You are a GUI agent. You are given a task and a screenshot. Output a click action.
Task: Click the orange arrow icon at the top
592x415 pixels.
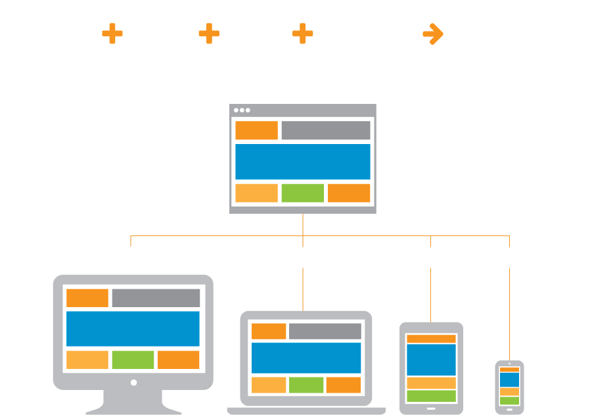432,34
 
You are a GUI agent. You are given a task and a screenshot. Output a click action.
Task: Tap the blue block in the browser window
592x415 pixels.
302,161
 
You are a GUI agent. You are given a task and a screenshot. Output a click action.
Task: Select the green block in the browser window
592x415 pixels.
302,193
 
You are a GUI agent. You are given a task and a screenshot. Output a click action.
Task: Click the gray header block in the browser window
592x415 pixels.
325,130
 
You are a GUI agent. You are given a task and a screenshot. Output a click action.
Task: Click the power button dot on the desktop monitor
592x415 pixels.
133,382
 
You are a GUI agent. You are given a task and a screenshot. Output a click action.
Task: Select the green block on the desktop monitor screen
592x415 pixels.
133,360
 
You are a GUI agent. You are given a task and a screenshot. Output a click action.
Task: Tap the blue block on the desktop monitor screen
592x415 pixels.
133,329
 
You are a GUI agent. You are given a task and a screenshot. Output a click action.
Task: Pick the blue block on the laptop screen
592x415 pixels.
306,358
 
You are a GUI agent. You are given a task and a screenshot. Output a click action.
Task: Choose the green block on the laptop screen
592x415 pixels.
306,385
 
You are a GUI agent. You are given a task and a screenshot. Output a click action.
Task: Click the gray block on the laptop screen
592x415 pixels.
325,331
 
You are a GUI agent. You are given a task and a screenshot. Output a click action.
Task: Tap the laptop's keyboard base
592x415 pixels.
306,411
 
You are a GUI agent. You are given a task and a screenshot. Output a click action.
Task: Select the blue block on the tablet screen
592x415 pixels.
431,360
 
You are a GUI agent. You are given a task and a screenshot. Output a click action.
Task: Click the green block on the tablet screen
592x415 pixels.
431,396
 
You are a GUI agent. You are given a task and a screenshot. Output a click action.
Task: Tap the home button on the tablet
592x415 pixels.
431,409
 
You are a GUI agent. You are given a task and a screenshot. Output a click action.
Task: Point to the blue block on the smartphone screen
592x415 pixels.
509,379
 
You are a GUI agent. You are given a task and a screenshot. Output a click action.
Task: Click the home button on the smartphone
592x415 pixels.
509,409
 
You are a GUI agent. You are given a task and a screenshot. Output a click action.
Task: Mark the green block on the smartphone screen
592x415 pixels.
509,401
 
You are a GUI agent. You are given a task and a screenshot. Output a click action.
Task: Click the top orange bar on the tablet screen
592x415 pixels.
431,339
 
